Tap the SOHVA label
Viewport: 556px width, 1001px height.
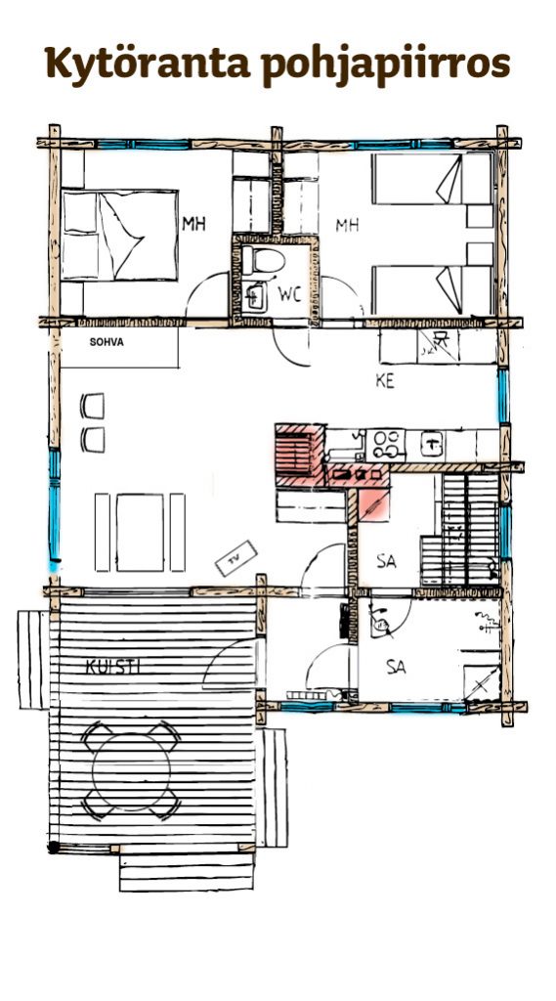(107, 342)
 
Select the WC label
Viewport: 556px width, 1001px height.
(290, 295)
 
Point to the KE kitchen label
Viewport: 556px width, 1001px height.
(384, 381)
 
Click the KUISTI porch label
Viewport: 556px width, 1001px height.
(112, 667)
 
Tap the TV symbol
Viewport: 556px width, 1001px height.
(236, 558)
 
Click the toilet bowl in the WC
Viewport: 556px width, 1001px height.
(264, 260)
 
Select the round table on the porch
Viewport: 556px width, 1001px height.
(132, 771)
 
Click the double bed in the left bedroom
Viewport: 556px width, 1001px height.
(119, 235)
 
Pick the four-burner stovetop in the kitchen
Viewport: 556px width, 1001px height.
(385, 445)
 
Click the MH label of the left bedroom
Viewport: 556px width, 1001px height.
(194, 224)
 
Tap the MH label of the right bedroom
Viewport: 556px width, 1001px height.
(347, 225)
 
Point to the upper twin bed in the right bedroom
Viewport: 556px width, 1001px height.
(432, 179)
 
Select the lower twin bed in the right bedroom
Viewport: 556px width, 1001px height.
(432, 290)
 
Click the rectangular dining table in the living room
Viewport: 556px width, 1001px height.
(140, 532)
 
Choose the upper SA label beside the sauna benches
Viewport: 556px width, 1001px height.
(386, 561)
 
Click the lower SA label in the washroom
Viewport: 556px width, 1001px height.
(396, 667)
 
